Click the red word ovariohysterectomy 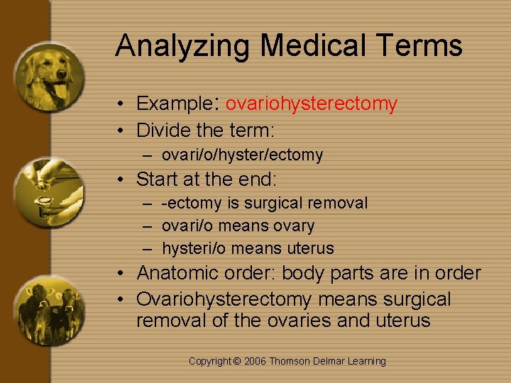tap(312, 104)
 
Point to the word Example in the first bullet tap(172, 104)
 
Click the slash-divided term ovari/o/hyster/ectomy tap(242, 155)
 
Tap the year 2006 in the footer tap(255, 362)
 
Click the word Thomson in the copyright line tap(291, 362)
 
